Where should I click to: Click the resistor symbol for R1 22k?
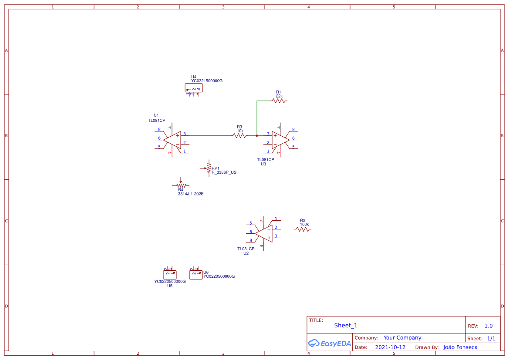(x=279, y=101)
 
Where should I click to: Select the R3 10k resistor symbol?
(x=239, y=136)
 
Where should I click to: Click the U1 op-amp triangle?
(x=173, y=140)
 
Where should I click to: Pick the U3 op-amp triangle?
(x=280, y=140)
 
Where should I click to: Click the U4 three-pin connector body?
(x=193, y=88)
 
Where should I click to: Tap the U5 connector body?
(x=170, y=275)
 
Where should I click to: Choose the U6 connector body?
(x=196, y=274)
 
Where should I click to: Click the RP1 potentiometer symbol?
(x=209, y=168)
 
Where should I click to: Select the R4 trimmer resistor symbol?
(x=181, y=185)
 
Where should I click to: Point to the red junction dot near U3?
(x=257, y=136)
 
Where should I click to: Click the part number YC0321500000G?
(x=207, y=81)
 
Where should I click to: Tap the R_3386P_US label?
(x=224, y=172)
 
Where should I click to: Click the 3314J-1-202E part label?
(x=191, y=194)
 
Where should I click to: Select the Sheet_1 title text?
(x=346, y=325)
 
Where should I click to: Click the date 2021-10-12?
(x=390, y=347)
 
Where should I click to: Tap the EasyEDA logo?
(x=330, y=343)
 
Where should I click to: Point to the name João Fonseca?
(x=460, y=347)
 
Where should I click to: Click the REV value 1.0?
(x=489, y=326)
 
